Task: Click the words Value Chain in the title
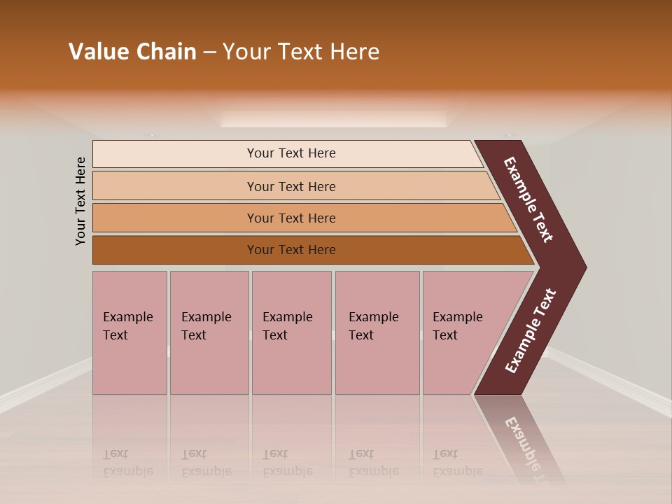click(x=132, y=52)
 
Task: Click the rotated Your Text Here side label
click(x=80, y=201)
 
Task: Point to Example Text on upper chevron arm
click(x=528, y=199)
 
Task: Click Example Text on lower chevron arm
click(x=531, y=331)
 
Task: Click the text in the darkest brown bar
click(x=291, y=250)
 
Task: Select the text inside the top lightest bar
click(x=291, y=153)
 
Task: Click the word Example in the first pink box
click(x=127, y=317)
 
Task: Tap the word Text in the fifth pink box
click(x=445, y=335)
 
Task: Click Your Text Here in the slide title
click(x=301, y=52)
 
